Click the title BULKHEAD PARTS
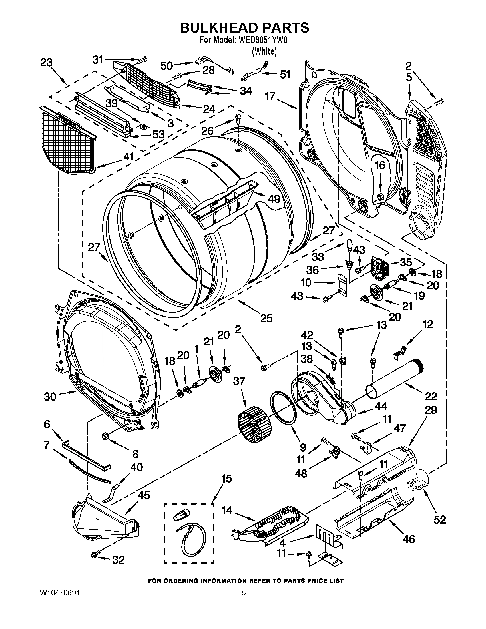(244, 28)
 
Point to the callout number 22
(431, 396)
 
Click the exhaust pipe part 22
(395, 379)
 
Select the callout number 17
(270, 96)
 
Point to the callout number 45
(144, 495)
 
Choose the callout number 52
(440, 520)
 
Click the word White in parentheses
(264, 51)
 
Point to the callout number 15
(227, 479)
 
